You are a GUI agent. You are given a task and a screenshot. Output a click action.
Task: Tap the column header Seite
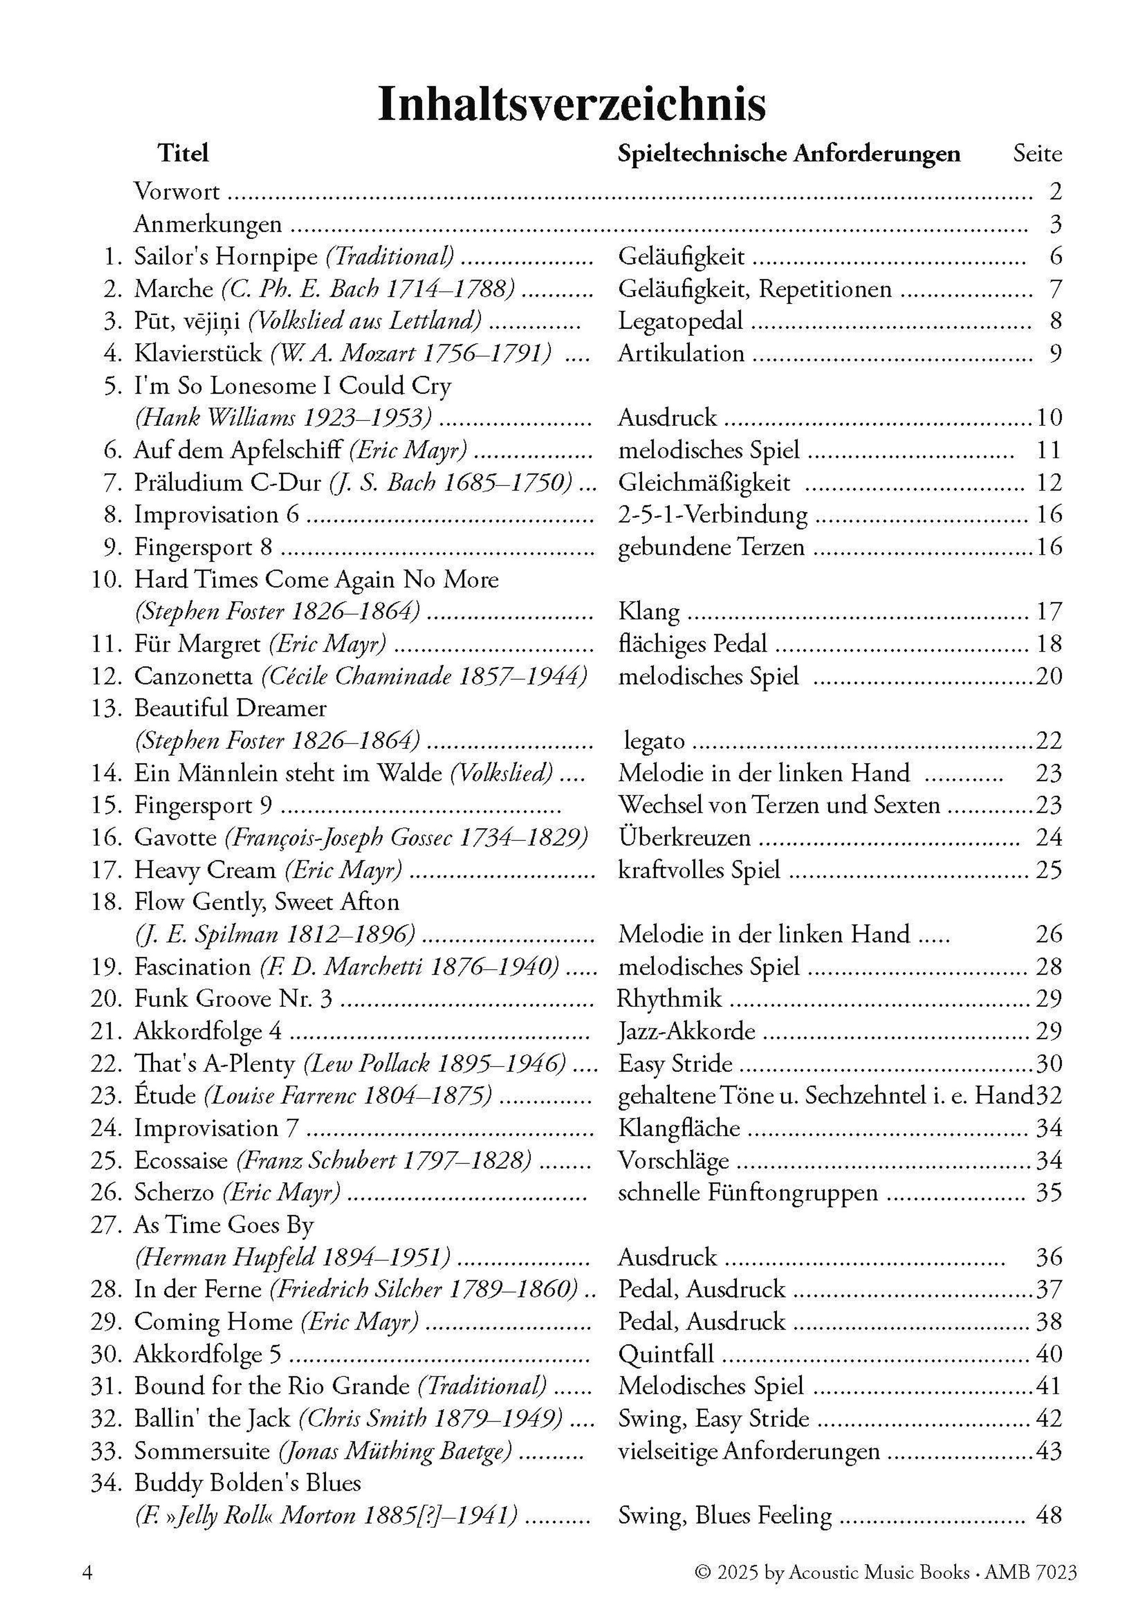click(x=1037, y=153)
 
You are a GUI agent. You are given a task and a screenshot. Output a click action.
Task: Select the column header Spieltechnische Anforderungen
click(x=788, y=153)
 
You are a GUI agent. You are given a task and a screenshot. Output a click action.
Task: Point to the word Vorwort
click(x=177, y=192)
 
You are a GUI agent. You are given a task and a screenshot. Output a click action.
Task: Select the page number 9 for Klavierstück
click(x=1054, y=353)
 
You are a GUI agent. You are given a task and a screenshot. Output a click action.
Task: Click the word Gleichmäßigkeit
click(x=704, y=483)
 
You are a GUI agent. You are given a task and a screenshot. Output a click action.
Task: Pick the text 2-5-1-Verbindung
click(x=712, y=515)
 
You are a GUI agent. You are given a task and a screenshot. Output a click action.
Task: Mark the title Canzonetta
click(x=193, y=676)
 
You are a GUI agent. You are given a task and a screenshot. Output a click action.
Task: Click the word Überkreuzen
click(x=684, y=838)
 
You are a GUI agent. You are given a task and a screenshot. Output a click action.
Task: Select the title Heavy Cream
click(x=204, y=870)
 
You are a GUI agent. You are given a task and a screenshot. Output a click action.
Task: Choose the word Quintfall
click(x=666, y=1354)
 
